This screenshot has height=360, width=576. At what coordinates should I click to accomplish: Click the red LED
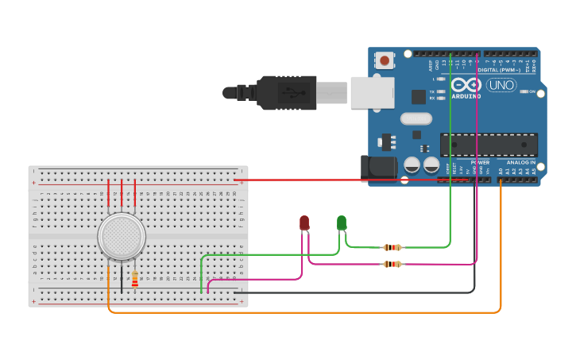tap(304, 223)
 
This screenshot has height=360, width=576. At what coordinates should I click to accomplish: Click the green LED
tap(342, 223)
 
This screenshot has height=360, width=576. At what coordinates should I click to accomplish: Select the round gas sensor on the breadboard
tap(122, 237)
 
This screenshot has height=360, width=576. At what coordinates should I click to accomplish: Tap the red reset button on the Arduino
tap(385, 60)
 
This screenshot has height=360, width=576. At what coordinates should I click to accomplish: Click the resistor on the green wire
tap(392, 247)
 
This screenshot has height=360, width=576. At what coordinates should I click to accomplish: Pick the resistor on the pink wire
tap(392, 264)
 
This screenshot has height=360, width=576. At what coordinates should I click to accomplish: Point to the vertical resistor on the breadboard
tap(134, 279)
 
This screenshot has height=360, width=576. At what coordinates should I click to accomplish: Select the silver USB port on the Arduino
tap(372, 92)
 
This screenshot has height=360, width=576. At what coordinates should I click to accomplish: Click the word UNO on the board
tap(501, 85)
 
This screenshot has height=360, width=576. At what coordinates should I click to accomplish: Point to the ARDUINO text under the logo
tap(466, 96)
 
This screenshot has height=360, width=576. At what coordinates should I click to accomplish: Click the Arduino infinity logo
tap(466, 84)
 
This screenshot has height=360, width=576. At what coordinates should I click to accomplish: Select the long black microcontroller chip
tap(489, 145)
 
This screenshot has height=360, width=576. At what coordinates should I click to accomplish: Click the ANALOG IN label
tap(521, 162)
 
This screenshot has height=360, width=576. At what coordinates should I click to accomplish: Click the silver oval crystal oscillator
tap(416, 119)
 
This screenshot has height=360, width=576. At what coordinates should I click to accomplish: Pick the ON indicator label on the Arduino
tap(532, 91)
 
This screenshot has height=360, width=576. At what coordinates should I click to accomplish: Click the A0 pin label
tap(501, 170)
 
